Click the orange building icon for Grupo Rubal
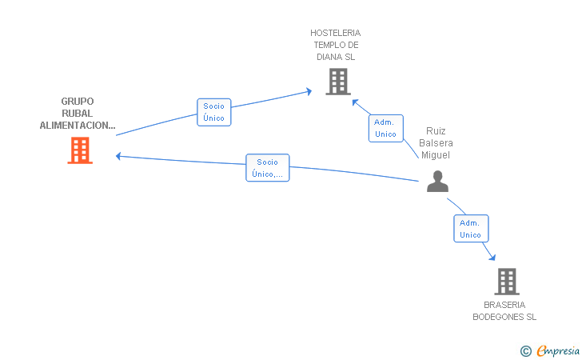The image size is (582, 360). pyautogui.click(x=80, y=150)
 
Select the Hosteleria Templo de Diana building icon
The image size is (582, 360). pyautogui.click(x=338, y=82)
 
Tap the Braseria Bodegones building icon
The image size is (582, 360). pyautogui.click(x=507, y=282)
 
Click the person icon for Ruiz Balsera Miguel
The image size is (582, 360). pyautogui.click(x=437, y=182)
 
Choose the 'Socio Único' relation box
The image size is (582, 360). pyautogui.click(x=213, y=112)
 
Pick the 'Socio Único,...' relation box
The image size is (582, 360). pyautogui.click(x=267, y=168)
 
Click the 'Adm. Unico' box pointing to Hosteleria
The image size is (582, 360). pyautogui.click(x=385, y=128)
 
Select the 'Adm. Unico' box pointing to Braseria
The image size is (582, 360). pyautogui.click(x=471, y=229)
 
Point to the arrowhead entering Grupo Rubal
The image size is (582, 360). pyautogui.click(x=118, y=157)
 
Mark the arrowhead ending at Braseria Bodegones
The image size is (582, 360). pyautogui.click(x=492, y=257)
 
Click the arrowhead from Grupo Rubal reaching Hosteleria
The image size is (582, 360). pyautogui.click(x=309, y=91)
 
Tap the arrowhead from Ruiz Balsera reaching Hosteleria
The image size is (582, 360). pyautogui.click(x=355, y=102)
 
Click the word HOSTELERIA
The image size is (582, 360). pyautogui.click(x=336, y=33)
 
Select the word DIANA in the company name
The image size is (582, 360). pyautogui.click(x=325, y=58)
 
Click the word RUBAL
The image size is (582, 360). pyautogui.click(x=78, y=114)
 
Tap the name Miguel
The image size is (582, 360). pyautogui.click(x=436, y=155)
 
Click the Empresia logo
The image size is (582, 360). pyautogui.click(x=558, y=350)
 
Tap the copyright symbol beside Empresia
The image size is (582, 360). pyautogui.click(x=526, y=351)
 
